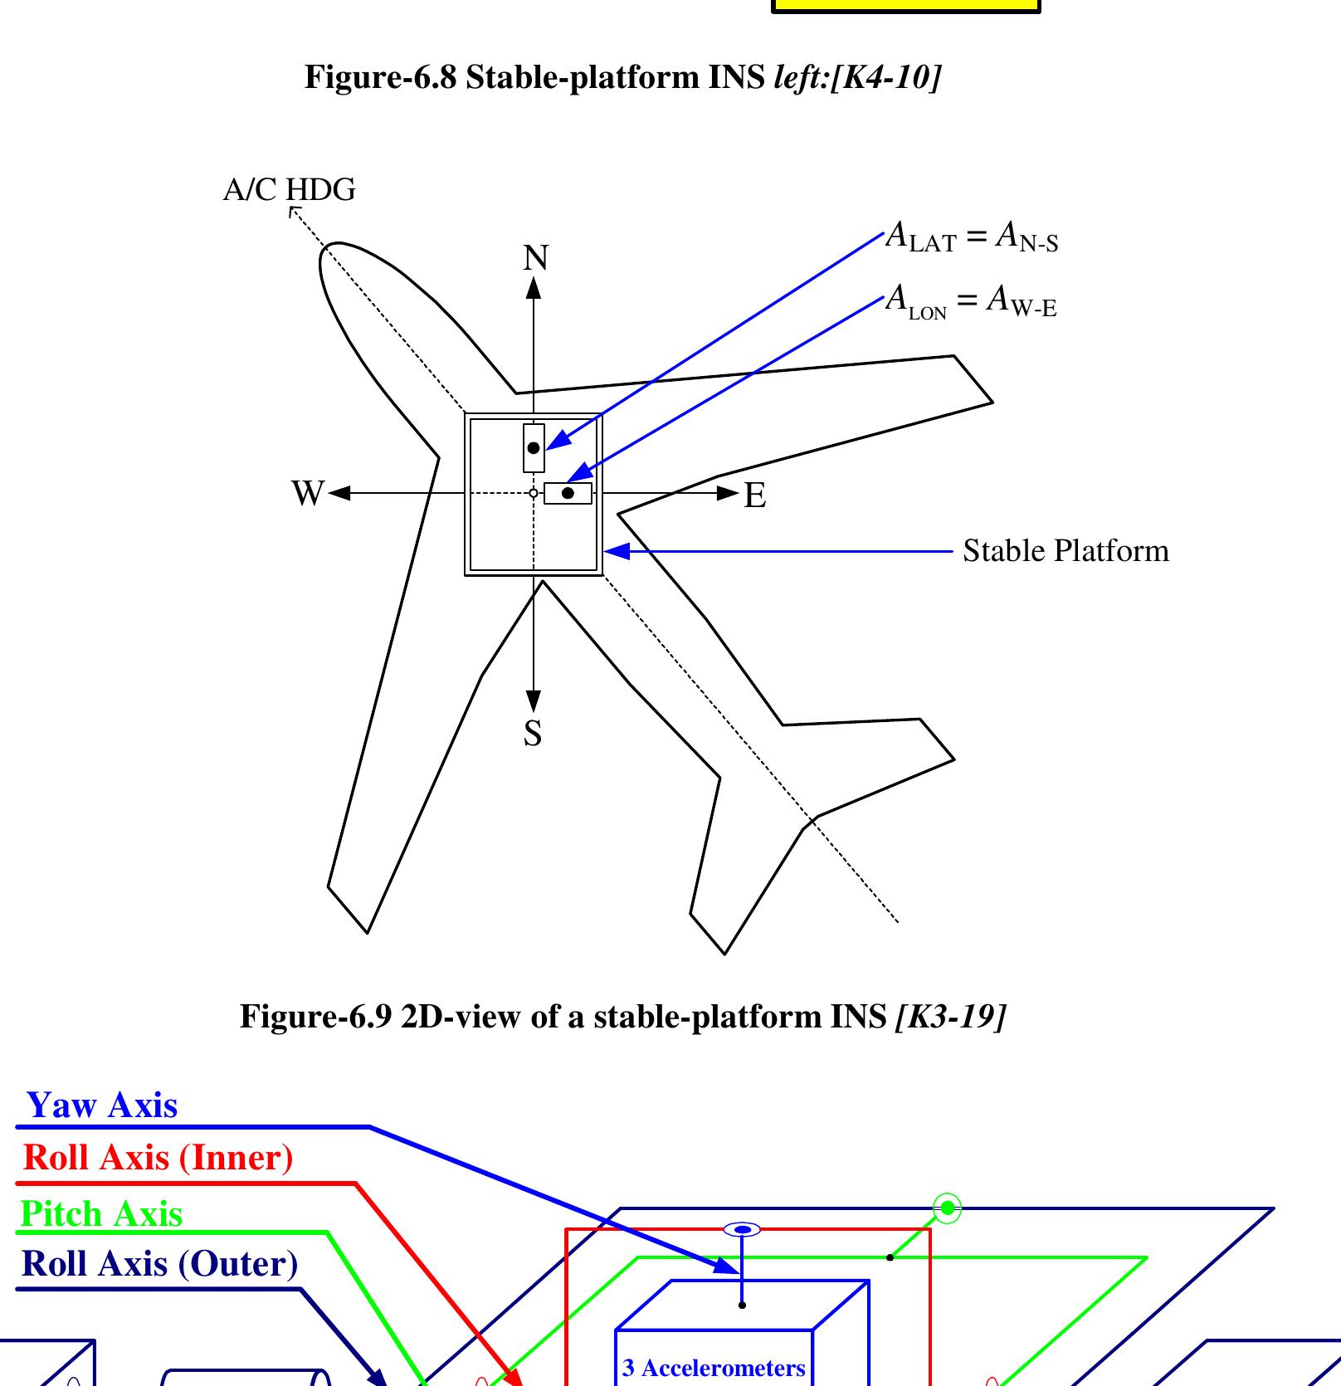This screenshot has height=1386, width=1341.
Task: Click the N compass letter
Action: click(x=535, y=258)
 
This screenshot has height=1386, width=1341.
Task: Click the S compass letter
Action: click(x=533, y=734)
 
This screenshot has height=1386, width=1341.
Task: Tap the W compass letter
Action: click(x=307, y=493)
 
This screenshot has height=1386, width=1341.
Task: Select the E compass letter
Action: click(x=754, y=495)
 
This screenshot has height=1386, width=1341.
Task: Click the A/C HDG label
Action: click(x=289, y=190)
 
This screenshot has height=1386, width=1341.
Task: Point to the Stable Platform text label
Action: click(x=1065, y=551)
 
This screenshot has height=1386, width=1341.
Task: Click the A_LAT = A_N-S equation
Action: click(x=972, y=237)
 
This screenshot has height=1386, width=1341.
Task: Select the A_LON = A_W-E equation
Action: click(x=971, y=300)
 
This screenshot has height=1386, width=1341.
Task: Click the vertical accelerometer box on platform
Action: click(x=534, y=448)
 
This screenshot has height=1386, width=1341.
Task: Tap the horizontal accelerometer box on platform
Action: click(x=568, y=493)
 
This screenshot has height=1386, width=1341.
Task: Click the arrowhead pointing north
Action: click(x=534, y=288)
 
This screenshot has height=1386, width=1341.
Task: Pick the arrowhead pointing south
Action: click(x=534, y=701)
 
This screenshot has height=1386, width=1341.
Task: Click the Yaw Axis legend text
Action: click(x=102, y=1105)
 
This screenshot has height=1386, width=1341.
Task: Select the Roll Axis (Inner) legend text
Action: click(x=158, y=1158)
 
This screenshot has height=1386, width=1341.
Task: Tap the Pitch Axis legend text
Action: click(x=101, y=1213)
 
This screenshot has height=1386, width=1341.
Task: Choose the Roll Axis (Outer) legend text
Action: click(x=159, y=1264)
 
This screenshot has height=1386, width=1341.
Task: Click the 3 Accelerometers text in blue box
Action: click(x=714, y=1368)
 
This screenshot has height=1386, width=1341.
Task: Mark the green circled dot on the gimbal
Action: click(x=947, y=1208)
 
